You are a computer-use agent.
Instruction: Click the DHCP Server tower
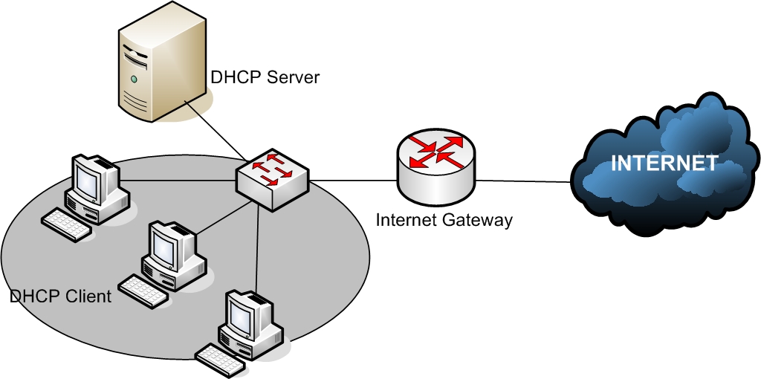pos(159,63)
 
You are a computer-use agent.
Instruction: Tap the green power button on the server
pos(134,79)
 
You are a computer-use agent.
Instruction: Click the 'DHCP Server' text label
pos(265,77)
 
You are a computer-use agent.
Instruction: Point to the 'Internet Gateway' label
pos(444,220)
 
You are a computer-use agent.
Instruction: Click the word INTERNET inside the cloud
pos(664,163)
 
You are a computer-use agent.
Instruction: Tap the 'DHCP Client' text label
pos(60,297)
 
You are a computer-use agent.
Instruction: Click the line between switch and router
pos(353,181)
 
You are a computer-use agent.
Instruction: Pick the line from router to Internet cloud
pos(524,181)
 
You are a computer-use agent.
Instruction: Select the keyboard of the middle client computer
pos(143,289)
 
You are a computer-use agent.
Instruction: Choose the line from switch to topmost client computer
pos(178,181)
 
